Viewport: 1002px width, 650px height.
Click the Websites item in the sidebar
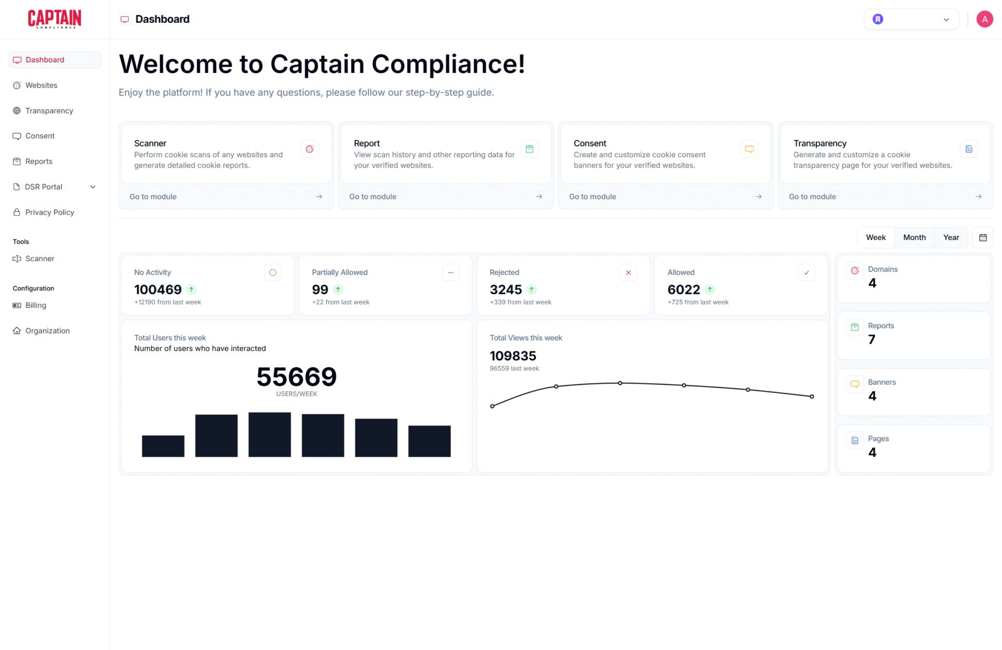click(x=41, y=85)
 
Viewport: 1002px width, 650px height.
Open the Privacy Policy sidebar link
click(x=50, y=212)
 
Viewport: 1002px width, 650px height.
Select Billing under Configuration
click(x=35, y=305)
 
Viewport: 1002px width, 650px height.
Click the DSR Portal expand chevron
click(x=93, y=187)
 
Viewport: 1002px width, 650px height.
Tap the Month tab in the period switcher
click(x=914, y=237)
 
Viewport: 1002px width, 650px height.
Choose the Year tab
click(x=951, y=237)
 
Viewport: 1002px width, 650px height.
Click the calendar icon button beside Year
click(x=982, y=237)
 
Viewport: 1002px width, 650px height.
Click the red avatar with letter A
click(x=984, y=19)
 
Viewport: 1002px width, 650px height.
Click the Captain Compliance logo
click(x=54, y=19)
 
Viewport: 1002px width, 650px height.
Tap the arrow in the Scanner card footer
click(x=319, y=197)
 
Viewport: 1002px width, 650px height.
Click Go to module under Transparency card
click(x=812, y=197)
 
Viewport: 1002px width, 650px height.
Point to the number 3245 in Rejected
click(x=505, y=290)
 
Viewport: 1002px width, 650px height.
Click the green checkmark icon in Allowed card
click(x=806, y=273)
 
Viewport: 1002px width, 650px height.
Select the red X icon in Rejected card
click(x=628, y=273)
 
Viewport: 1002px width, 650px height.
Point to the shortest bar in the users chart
click(x=163, y=446)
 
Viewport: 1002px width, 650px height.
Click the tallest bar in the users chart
click(x=269, y=434)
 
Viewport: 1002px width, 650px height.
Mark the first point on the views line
click(x=492, y=406)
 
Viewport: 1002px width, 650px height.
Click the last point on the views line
click(x=812, y=396)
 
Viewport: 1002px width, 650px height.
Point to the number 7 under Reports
click(x=872, y=340)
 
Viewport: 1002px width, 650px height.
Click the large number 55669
click(x=296, y=377)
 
